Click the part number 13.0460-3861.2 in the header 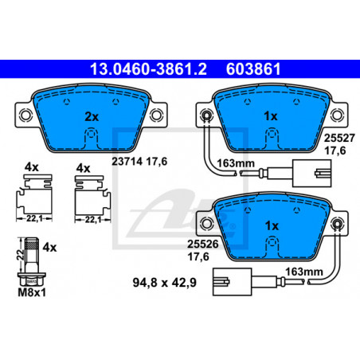pos(148,69)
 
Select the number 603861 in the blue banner pos(253,69)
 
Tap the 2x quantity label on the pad pos(92,116)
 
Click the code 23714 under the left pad pos(127,161)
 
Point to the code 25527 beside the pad pos(339,138)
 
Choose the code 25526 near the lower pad pos(203,244)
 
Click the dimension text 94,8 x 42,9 pos(165,282)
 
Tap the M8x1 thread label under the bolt pos(32,292)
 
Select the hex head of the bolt pos(32,280)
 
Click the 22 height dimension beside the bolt pos(21,255)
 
